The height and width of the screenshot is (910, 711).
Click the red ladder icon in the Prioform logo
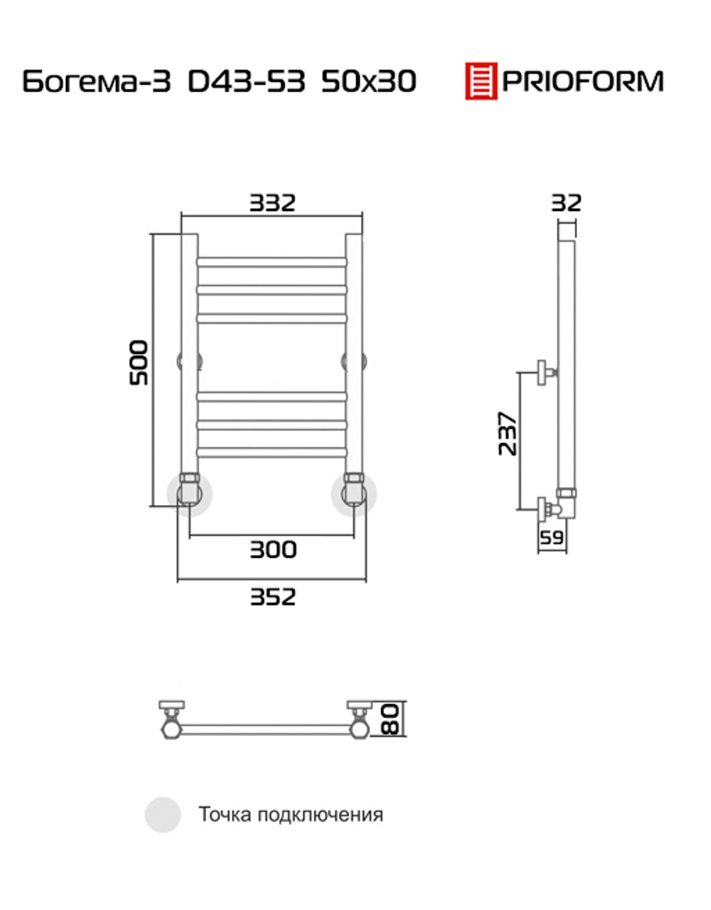tap(481, 81)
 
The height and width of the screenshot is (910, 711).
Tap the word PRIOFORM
tap(583, 81)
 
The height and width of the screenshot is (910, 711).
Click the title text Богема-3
tap(97, 81)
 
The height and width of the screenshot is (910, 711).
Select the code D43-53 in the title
tap(246, 81)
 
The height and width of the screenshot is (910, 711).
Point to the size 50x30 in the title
tap(369, 81)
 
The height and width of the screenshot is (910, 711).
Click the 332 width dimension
tap(272, 203)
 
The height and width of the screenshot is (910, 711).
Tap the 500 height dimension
tap(139, 363)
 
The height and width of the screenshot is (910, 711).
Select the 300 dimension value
tap(273, 549)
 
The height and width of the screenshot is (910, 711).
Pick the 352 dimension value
tap(273, 597)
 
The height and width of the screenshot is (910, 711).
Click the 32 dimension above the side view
tap(566, 203)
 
